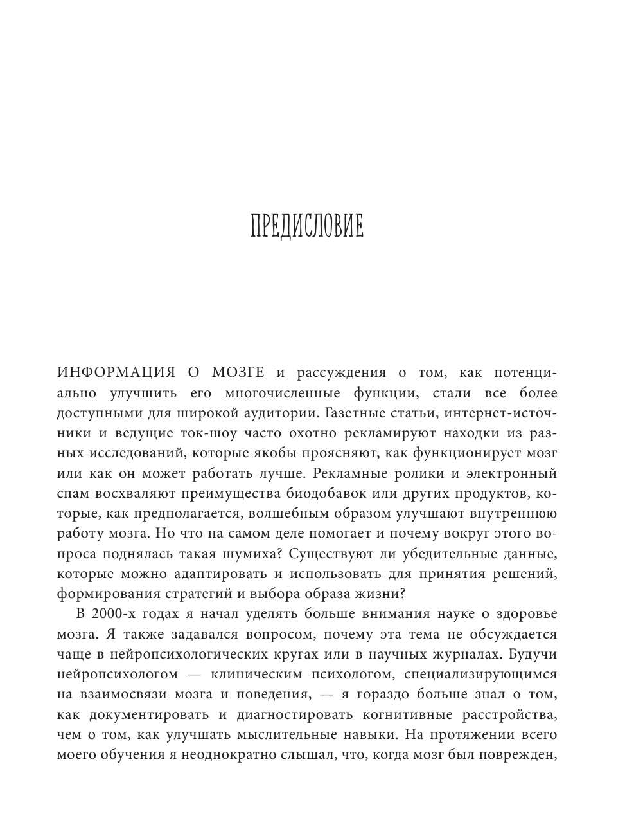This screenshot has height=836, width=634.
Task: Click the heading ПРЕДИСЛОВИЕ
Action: click(x=306, y=227)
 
